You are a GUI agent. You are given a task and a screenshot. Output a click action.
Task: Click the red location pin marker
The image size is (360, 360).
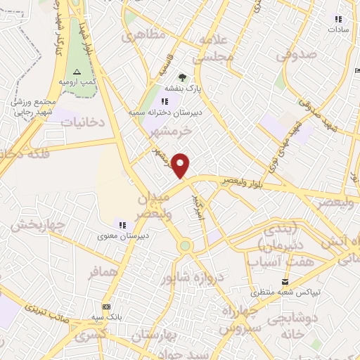(181, 165)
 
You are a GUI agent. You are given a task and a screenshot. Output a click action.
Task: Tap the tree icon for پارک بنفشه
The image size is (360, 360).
(184, 77)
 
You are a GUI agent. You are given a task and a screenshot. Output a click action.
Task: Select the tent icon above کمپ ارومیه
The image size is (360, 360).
(77, 72)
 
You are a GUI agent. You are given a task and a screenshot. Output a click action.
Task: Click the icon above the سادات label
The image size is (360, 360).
(338, 20)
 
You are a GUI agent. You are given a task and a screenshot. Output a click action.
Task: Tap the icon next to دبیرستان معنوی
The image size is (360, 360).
(122, 225)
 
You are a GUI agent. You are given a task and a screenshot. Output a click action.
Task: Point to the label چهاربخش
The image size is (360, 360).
(37, 225)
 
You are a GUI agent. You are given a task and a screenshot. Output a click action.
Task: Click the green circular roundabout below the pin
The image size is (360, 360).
(185, 246)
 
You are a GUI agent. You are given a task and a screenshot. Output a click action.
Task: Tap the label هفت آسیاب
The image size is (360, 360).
(274, 261)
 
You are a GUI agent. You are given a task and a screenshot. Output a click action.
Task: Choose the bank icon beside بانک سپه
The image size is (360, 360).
(107, 307)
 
